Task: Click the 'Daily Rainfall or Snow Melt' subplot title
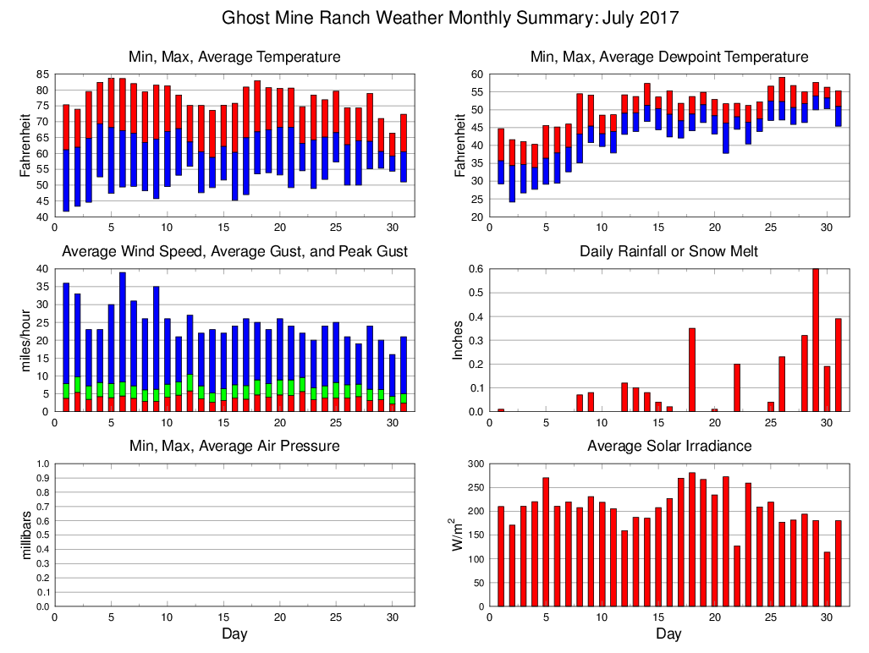[668, 251]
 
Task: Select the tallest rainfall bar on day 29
[815, 340]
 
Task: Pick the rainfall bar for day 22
[736, 387]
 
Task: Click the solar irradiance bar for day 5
[545, 541]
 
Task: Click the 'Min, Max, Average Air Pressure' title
[234, 446]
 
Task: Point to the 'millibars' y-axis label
[26, 535]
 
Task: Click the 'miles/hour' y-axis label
[26, 340]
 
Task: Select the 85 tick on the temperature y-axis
[41, 74]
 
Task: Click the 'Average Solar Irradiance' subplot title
[668, 446]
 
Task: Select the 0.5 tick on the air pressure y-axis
[41, 535]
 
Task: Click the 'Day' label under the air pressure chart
[234, 634]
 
